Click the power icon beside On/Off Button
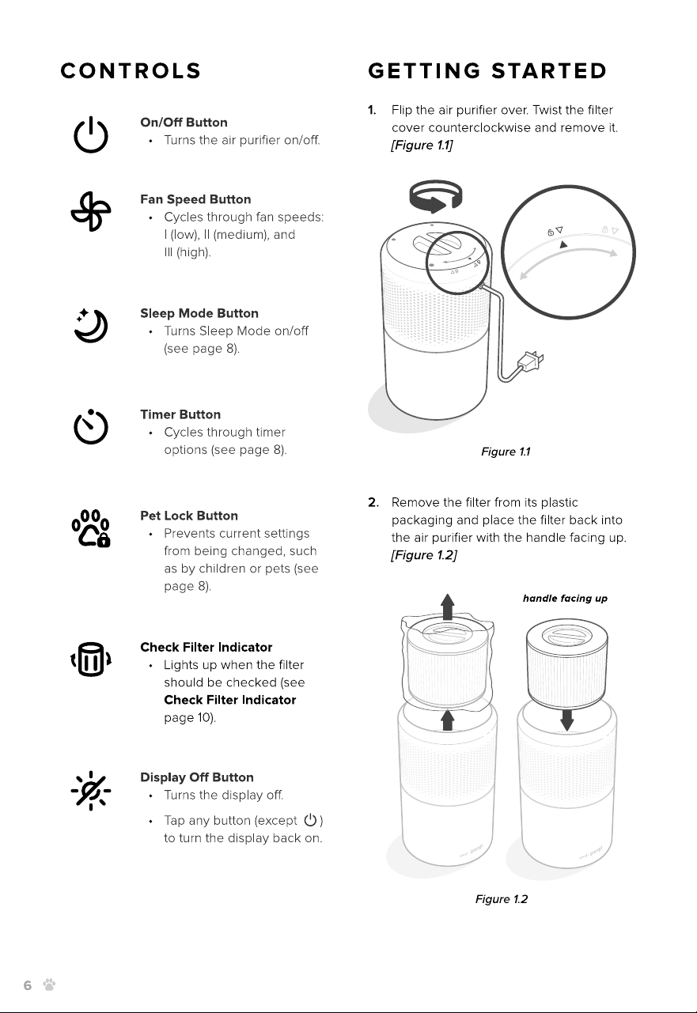[90, 134]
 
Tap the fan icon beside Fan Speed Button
[90, 212]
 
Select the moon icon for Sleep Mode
[91, 326]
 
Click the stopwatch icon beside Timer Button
[91, 427]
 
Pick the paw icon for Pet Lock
[91, 528]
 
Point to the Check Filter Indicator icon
[91, 660]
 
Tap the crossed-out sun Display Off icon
[91, 791]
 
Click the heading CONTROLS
[131, 71]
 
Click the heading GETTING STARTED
[487, 71]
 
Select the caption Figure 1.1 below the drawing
[506, 452]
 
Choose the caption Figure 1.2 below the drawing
[501, 899]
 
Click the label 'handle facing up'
[565, 599]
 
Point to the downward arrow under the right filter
[566, 720]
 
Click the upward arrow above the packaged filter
[447, 607]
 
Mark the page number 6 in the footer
[28, 985]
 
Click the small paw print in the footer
[49, 985]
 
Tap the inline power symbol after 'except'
[310, 819]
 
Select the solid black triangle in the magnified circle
[563, 244]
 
